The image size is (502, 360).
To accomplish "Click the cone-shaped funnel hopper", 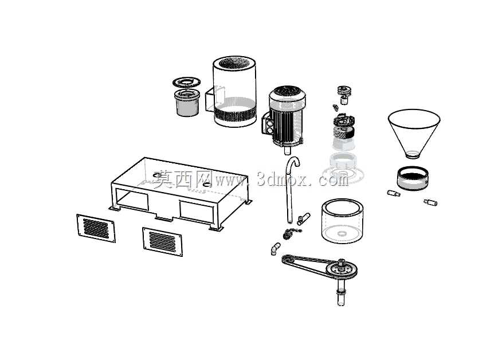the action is tap(414, 131).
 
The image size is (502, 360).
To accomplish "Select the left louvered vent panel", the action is tap(96, 228).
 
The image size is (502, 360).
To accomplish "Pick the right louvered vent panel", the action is tap(163, 242).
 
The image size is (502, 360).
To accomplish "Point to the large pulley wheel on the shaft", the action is tap(342, 269).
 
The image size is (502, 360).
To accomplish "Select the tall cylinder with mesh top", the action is tap(235, 91).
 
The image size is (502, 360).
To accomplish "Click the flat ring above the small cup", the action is tap(186, 83).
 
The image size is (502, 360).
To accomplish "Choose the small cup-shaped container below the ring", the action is tap(187, 103).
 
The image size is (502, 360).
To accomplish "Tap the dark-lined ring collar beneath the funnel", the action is tap(413, 178).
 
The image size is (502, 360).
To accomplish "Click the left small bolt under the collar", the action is tap(394, 193).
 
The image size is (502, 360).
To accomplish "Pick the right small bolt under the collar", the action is tap(430, 202).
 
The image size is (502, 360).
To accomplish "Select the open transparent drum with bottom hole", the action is tap(342, 221).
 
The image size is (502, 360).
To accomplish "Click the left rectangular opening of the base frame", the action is tap(132, 199).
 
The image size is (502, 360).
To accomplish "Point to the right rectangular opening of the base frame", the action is tap(197, 212).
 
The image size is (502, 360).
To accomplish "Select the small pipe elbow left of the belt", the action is tap(275, 249).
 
